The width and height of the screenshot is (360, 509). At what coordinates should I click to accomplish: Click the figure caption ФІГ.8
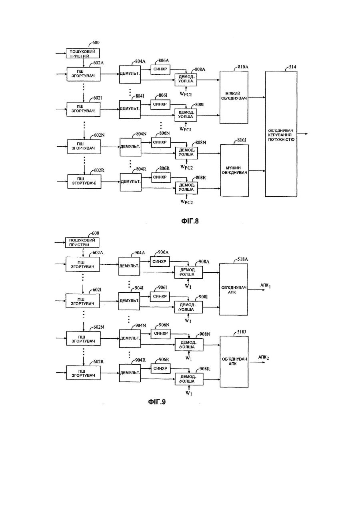coord(190,221)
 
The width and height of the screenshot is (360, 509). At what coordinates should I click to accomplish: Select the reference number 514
coord(292,67)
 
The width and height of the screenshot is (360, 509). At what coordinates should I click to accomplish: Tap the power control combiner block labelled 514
coord(281,134)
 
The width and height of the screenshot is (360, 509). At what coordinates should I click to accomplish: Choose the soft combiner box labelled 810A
coord(234,97)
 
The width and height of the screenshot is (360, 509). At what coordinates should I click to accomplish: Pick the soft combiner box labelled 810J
coord(234,170)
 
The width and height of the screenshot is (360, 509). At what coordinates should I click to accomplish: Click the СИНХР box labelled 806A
coord(160,69)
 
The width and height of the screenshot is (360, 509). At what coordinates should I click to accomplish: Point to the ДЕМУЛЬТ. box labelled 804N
coord(130,147)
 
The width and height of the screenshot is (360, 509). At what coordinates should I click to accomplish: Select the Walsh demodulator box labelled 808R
coord(186,188)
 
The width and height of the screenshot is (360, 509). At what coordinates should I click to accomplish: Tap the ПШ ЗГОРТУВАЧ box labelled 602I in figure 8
coord(84,109)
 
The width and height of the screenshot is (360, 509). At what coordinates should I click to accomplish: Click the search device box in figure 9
coord(82,242)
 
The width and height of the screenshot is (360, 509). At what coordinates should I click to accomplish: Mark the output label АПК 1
coord(266,285)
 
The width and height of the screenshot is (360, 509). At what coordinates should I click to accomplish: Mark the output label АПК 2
coord(264,358)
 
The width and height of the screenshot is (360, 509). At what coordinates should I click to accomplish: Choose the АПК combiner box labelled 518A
coord(234,289)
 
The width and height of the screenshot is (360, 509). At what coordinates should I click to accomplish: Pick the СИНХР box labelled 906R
coord(160,369)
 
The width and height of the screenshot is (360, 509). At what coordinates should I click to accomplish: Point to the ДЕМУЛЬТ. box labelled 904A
coord(129,266)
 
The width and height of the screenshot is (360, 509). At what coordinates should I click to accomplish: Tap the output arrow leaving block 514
coord(302,134)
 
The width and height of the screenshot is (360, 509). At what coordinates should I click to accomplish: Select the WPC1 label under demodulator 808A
coord(186,94)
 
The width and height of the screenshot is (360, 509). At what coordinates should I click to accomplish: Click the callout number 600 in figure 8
coord(96,42)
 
